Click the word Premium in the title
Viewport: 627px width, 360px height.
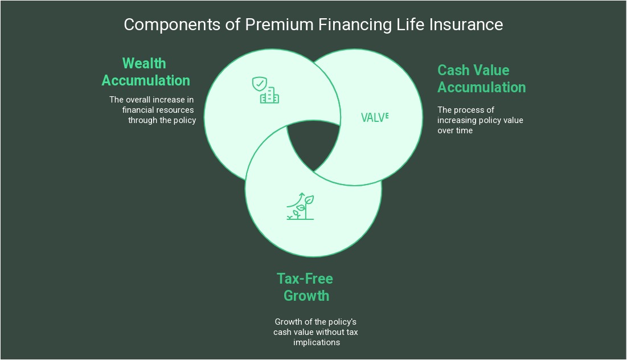[x=279, y=25]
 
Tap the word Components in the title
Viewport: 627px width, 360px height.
[x=172, y=26]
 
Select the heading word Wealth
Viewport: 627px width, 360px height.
[x=144, y=63]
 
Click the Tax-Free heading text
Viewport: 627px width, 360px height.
[x=305, y=279]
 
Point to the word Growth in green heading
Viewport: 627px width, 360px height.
[x=306, y=296]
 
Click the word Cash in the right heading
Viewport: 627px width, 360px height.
[x=453, y=70]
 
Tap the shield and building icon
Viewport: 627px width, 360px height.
[x=265, y=90]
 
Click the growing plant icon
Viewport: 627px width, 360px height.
[x=300, y=206]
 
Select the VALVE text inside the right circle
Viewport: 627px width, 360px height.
[x=375, y=117]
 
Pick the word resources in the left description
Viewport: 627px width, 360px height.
[x=176, y=110]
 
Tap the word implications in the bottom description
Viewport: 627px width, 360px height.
[x=316, y=342]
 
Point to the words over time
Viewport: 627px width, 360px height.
[x=455, y=130]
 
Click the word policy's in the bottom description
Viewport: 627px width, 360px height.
[x=342, y=322]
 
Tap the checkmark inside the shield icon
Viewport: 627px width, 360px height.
[x=260, y=84]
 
